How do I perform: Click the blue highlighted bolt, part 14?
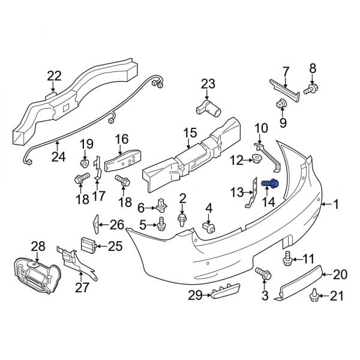(x=269, y=183)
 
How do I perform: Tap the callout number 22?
(x=54, y=76)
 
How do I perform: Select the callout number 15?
(x=190, y=133)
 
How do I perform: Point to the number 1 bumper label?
(x=335, y=205)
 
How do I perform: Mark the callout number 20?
(x=340, y=275)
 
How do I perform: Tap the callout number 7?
(x=286, y=70)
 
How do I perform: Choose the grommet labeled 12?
(x=255, y=159)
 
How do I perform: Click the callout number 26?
(x=116, y=226)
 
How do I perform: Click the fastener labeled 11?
(x=287, y=260)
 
